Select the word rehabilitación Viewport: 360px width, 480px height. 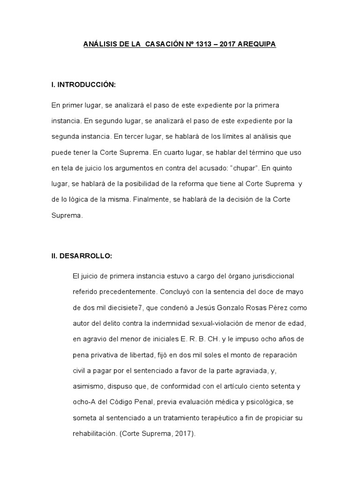94,434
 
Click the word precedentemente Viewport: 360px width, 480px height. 129,291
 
